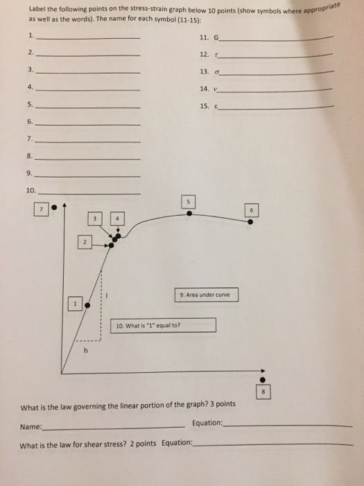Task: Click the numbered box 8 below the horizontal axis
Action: coord(262,392)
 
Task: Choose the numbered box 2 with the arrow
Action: coord(83,243)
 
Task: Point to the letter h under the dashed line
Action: coord(86,351)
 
